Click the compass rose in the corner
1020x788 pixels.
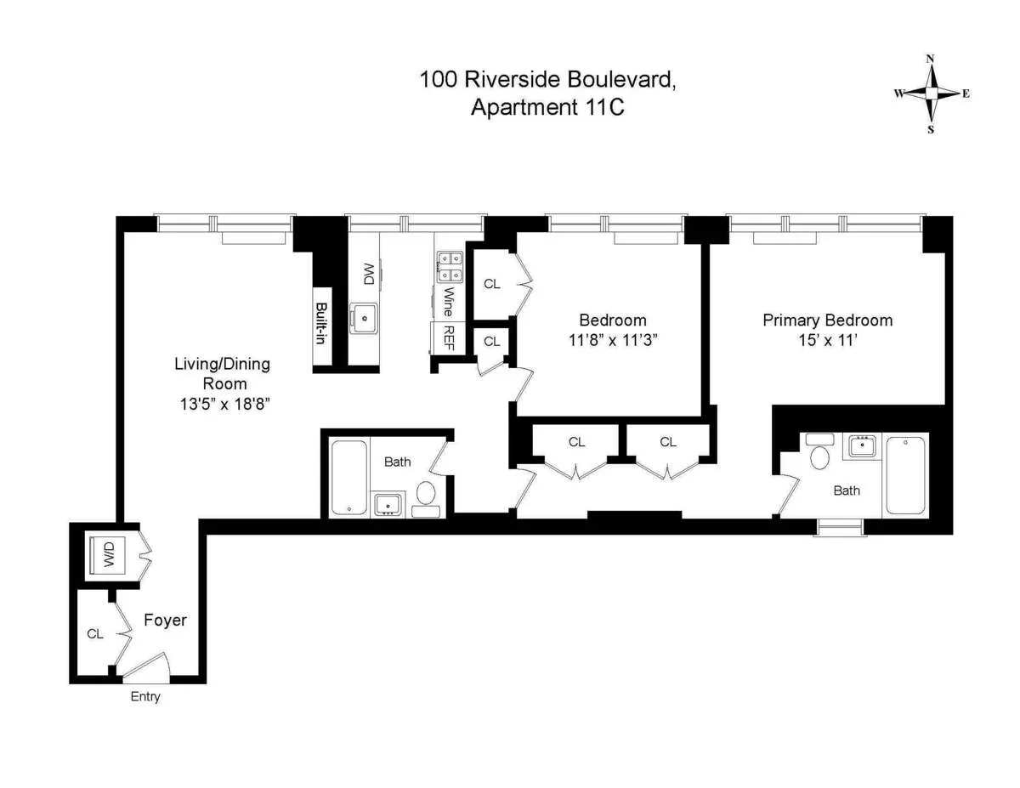click(x=931, y=94)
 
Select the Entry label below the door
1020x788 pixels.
click(x=144, y=697)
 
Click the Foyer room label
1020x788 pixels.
click(x=165, y=621)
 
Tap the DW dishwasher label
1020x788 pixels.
click(x=368, y=274)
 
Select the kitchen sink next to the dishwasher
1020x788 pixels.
click(x=367, y=318)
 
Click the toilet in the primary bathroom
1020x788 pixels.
click(x=820, y=456)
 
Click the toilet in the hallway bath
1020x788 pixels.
click(x=426, y=493)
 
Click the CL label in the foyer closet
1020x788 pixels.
click(x=95, y=634)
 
